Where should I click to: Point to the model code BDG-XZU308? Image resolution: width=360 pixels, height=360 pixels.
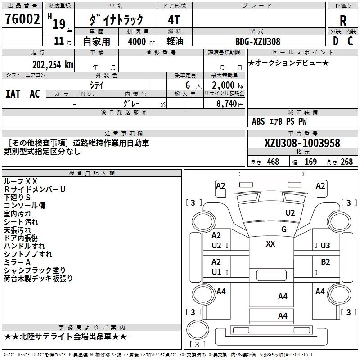(258, 41)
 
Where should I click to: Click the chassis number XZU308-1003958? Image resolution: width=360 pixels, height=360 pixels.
(302, 143)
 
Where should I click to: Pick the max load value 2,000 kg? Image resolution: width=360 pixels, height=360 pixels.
(225, 85)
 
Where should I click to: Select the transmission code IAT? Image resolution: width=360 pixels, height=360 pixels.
(13, 94)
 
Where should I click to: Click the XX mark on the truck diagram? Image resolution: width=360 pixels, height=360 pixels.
(270, 244)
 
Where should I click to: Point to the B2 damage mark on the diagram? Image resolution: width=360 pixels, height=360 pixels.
(325, 262)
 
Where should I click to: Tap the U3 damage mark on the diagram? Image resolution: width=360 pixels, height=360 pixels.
(325, 245)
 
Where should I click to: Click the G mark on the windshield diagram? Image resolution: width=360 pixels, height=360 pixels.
(283, 229)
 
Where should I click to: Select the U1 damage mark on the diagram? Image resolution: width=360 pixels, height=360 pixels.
(216, 272)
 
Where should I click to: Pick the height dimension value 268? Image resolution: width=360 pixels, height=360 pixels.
(347, 162)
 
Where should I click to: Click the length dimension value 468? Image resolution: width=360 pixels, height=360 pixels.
(273, 162)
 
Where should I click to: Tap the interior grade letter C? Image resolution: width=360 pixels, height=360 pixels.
(350, 41)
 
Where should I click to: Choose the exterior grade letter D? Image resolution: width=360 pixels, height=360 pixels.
(335, 41)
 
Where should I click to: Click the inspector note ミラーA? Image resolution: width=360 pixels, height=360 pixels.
(17, 262)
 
